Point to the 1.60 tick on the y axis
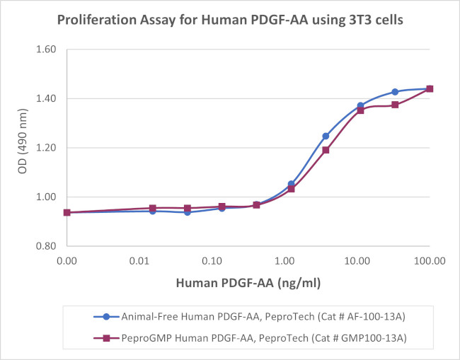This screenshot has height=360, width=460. [51, 50]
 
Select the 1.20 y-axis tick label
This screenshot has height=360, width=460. [51, 148]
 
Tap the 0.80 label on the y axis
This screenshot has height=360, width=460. [51, 246]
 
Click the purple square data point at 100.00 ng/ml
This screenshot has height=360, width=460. [430, 89]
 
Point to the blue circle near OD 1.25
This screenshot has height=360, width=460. [326, 136]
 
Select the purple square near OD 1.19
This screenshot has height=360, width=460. [326, 150]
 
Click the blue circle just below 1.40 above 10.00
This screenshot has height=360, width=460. [360, 105]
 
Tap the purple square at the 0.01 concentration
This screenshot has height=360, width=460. [152, 209]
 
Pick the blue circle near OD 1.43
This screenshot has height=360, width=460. [395, 92]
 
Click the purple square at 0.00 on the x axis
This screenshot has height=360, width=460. [67, 212]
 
